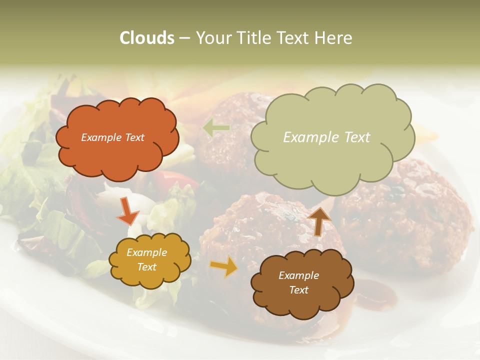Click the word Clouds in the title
click(x=147, y=38)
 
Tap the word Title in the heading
click(x=248, y=38)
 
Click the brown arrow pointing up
click(x=319, y=220)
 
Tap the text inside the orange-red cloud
click(x=112, y=137)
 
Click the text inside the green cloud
click(x=326, y=137)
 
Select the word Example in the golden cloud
click(x=147, y=252)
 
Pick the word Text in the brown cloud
click(x=299, y=290)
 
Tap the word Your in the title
click(x=212, y=38)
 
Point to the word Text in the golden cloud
click(x=147, y=267)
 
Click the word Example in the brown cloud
click(x=299, y=275)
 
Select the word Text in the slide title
click(x=293, y=38)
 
